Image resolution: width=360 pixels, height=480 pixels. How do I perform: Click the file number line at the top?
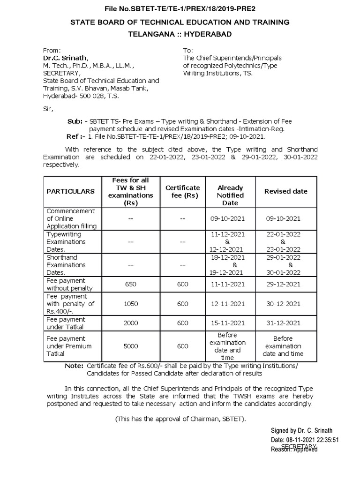pyautogui.click(x=180, y=8)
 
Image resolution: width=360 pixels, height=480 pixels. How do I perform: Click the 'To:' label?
pyautogui.click(x=187, y=50)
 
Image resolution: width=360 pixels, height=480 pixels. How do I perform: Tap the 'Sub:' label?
pyautogui.click(x=75, y=121)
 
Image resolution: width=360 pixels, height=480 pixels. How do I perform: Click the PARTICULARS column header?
pyautogui.click(x=70, y=191)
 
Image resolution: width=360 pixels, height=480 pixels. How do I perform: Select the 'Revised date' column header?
pyautogui.click(x=285, y=191)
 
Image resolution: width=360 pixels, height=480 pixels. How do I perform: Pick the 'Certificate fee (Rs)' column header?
pyautogui.click(x=182, y=191)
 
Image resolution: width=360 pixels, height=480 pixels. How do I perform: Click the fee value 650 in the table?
pyautogui.click(x=130, y=284)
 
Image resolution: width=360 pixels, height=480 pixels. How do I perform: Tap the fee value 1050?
pyautogui.click(x=130, y=304)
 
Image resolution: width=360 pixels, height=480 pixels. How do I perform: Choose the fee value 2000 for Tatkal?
pyautogui.click(x=130, y=323)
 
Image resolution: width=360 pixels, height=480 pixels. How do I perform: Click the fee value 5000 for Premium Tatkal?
pyautogui.click(x=130, y=346)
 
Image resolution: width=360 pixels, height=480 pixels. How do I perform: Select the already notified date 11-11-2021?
pyautogui.click(x=228, y=284)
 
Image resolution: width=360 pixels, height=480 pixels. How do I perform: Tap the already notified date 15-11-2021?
pyautogui.click(x=228, y=323)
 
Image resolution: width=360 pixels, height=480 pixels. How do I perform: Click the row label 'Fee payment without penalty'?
pyautogui.click(x=69, y=284)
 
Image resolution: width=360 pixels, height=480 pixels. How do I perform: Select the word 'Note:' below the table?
pyautogui.click(x=74, y=366)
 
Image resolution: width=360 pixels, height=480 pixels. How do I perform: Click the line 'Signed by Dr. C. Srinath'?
pyautogui.click(x=302, y=431)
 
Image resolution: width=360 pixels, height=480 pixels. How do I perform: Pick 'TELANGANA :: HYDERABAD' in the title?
pyautogui.click(x=180, y=34)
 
